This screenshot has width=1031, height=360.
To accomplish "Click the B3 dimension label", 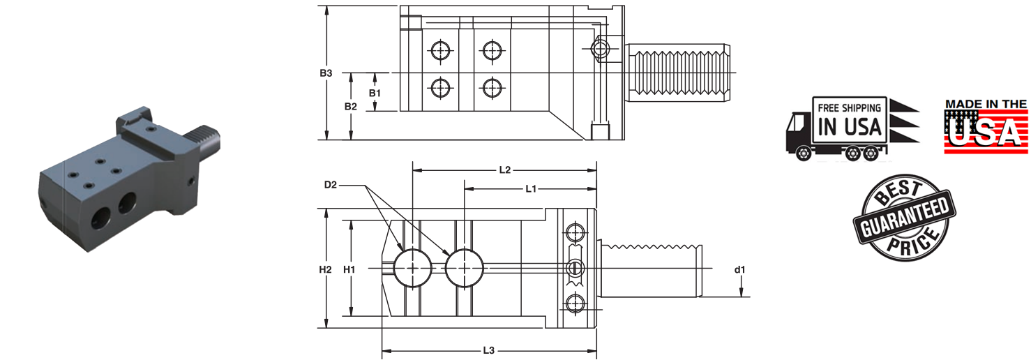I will pyautogui.click(x=326, y=73).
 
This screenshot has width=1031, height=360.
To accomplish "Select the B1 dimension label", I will pyautogui.click(x=375, y=92).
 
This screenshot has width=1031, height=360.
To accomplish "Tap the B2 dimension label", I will pyautogui.click(x=350, y=106).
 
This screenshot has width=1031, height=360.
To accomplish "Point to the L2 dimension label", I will pyautogui.click(x=505, y=170).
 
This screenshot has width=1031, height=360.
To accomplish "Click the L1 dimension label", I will pyautogui.click(x=531, y=188).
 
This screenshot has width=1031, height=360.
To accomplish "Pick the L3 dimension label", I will pyautogui.click(x=488, y=350).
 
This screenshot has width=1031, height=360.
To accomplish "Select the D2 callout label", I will pyautogui.click(x=331, y=185).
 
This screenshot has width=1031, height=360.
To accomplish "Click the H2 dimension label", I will pyautogui.click(x=325, y=269).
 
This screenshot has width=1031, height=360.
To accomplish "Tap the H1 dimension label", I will pyautogui.click(x=350, y=269).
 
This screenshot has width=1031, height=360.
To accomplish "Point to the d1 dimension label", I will pyautogui.click(x=740, y=269).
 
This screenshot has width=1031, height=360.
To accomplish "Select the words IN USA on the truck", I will pyautogui.click(x=850, y=127).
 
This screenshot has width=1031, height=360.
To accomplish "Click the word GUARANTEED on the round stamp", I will pyautogui.click(x=904, y=218).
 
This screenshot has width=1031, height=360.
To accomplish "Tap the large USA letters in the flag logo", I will pyautogui.click(x=986, y=133).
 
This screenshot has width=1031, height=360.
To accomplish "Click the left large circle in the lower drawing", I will pyautogui.click(x=412, y=268).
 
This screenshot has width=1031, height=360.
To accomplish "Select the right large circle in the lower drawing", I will pyautogui.click(x=465, y=268).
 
